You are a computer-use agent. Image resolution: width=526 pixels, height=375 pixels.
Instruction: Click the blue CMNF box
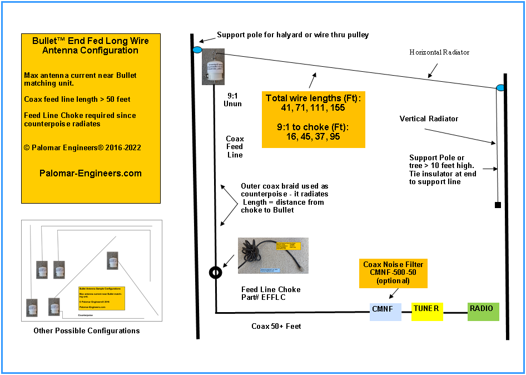pyautogui.click(x=385, y=312)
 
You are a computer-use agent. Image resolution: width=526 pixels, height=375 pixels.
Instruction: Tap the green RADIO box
pyautogui.click(x=483, y=312)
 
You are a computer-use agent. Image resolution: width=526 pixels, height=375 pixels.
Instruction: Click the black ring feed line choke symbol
pyautogui.click(x=215, y=273)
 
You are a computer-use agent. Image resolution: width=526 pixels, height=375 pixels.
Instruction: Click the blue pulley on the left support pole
pyautogui.click(x=197, y=51)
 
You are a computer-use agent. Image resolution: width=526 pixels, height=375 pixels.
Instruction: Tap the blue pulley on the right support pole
pyautogui.click(x=500, y=88)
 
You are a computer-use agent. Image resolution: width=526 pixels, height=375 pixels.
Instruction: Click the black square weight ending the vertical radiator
pyautogui.click(x=498, y=205)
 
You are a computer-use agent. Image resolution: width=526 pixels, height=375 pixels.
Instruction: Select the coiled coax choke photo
pyautogui.click(x=273, y=256)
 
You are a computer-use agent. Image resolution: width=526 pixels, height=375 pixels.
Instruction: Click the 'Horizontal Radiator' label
pyautogui.click(x=439, y=52)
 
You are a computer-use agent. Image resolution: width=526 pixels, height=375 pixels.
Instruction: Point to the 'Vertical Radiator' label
pyautogui.click(x=428, y=119)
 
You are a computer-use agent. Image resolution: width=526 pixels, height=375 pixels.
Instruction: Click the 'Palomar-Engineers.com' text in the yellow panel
pyautogui.click(x=91, y=173)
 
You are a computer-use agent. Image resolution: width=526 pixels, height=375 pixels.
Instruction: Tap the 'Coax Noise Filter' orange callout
pyautogui.click(x=393, y=272)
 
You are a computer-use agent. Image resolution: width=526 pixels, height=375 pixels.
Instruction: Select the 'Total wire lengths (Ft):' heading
pyautogui.click(x=313, y=98)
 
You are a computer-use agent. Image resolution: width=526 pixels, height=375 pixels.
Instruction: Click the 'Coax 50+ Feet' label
pyautogui.click(x=276, y=326)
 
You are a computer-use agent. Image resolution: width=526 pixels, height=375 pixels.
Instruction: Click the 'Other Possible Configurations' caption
pyautogui.click(x=86, y=330)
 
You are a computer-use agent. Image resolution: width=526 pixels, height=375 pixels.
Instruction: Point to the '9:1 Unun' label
pyautogui.click(x=232, y=100)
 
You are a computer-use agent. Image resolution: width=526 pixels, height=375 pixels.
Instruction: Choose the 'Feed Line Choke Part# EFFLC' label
pyautogui.click(x=271, y=294)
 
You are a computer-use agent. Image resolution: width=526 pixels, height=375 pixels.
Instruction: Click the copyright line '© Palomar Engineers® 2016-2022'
pyautogui.click(x=82, y=148)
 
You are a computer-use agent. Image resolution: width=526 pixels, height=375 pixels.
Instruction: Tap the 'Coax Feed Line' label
pyautogui.click(x=235, y=147)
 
